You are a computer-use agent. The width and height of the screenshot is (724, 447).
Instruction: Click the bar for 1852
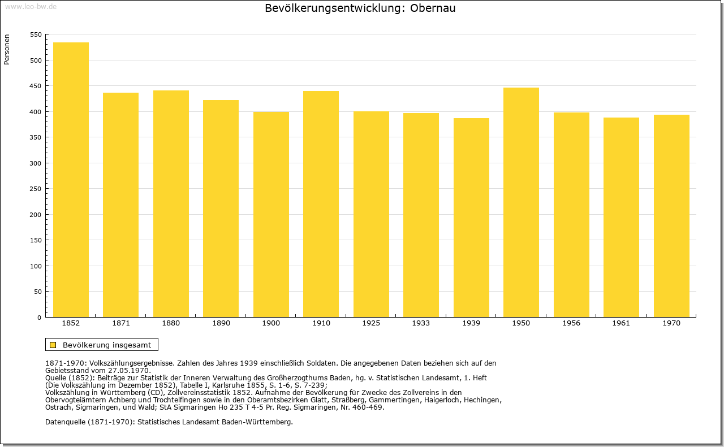click(71, 180)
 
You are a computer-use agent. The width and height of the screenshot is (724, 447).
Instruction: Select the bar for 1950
click(521, 202)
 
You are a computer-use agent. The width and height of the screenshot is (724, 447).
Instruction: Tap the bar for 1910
click(321, 204)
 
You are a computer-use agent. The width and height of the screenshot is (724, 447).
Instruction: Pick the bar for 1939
click(471, 218)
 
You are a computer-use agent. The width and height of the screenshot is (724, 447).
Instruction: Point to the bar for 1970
click(671, 216)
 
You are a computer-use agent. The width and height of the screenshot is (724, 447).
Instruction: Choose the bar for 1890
click(221, 209)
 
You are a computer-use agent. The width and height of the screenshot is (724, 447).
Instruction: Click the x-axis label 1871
click(121, 323)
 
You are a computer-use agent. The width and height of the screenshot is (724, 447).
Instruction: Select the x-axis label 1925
click(371, 323)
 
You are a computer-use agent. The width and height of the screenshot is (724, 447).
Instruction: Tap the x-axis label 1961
click(621, 323)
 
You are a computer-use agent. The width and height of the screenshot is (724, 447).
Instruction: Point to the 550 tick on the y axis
click(36, 34)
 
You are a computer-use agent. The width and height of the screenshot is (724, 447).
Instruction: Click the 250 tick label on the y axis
click(36, 189)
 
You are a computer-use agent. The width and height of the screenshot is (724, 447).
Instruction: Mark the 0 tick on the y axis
click(39, 318)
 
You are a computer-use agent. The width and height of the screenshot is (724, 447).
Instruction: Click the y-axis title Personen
click(7, 49)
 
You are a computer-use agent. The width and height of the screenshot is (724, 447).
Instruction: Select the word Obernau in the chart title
click(433, 8)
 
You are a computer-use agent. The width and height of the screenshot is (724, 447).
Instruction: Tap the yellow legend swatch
click(53, 345)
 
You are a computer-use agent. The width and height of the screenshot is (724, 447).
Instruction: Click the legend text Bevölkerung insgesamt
click(107, 345)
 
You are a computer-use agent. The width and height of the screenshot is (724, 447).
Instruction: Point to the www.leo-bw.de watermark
click(31, 7)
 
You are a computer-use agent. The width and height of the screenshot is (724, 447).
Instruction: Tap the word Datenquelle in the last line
click(65, 422)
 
